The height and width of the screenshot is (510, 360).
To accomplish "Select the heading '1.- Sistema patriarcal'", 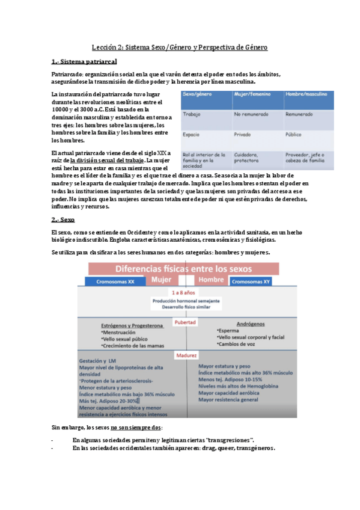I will tap(84, 62).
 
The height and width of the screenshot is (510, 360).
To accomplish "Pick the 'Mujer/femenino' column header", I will tap(252, 95).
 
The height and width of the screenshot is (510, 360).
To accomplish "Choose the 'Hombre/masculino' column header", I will tap(306, 95).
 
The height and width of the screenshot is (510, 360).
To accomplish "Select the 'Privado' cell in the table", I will tap(243, 135).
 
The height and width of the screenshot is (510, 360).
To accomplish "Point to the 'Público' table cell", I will tap(296, 135).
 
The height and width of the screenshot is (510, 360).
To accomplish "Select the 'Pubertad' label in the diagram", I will tap(185, 322).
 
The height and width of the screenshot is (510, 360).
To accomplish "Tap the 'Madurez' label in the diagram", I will tap(186, 355).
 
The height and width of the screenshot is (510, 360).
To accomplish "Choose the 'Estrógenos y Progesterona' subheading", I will tap(133, 325).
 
